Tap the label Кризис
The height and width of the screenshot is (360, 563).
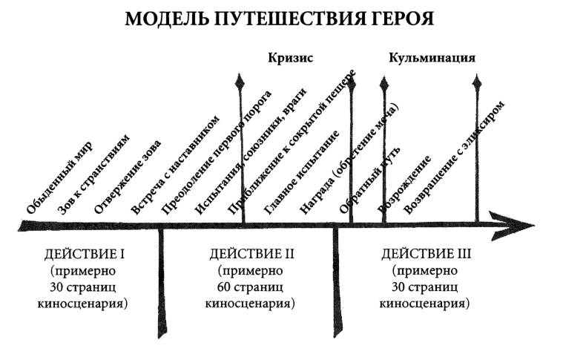pos(291,58)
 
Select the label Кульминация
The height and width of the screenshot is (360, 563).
pos(432,58)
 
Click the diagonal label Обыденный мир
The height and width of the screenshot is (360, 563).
pos(59,178)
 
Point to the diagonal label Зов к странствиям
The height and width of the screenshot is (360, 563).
pos(94,174)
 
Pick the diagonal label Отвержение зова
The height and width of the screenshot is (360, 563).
pos(128,177)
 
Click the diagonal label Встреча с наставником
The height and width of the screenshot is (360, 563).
pos(175,165)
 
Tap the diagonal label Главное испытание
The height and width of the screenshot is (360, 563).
pos(302,172)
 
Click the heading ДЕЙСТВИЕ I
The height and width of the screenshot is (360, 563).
pos(85,255)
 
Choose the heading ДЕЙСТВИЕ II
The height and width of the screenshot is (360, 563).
pos(251,255)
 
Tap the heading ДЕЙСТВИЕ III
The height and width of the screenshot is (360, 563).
pos(426,255)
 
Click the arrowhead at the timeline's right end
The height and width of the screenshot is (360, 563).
pos(513,226)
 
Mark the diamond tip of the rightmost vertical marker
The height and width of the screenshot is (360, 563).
pos(477,82)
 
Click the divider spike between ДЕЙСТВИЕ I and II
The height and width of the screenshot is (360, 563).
pos(161,284)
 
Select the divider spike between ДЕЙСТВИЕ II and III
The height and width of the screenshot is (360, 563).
pos(336,284)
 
